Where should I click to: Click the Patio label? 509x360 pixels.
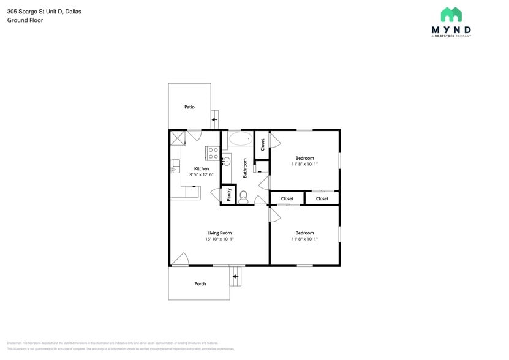[x=189, y=107]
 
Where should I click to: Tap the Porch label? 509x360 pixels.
[x=200, y=283]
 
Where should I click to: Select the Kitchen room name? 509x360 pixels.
[x=202, y=168]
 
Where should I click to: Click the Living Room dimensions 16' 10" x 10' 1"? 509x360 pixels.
[x=219, y=239]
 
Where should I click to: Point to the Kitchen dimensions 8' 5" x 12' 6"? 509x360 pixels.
[x=202, y=175]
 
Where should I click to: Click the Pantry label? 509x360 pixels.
[x=228, y=194]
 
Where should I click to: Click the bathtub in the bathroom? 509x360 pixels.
[x=241, y=140]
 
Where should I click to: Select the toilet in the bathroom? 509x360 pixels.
[x=243, y=196]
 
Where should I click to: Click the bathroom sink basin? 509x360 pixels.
[x=226, y=162]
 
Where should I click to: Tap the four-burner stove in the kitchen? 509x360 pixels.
[x=213, y=153]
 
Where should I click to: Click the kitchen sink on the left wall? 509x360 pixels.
[x=175, y=165]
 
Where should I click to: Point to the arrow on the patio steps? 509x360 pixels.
[x=214, y=119]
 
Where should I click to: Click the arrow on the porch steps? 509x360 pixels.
[x=235, y=277]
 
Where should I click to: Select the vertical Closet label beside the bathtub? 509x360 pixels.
[x=262, y=144]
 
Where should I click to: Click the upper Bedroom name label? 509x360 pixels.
[x=304, y=158]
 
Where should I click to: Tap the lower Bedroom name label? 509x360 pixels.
[x=304, y=233]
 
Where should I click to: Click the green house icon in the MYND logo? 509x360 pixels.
[x=451, y=15]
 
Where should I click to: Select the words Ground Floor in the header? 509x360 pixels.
[x=25, y=20]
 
